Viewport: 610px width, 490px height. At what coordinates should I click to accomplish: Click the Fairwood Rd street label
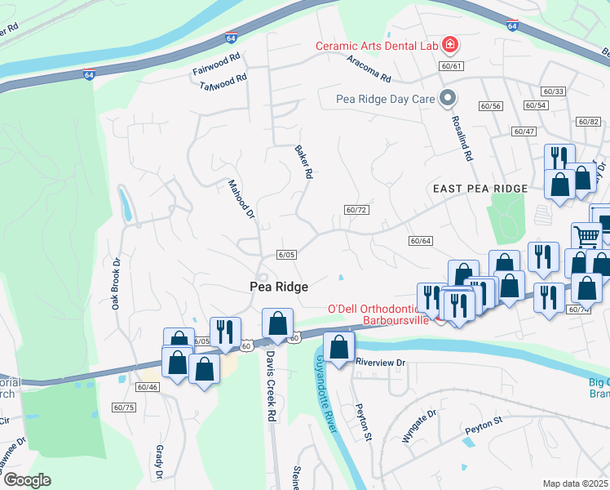point(217,65)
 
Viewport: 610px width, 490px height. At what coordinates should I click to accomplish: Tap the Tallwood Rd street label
point(223,82)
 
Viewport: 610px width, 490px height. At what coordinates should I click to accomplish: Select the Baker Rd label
point(303,162)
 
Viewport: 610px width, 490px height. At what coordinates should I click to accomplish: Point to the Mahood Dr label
point(241,200)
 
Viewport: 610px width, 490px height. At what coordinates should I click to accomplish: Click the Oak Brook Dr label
point(116,283)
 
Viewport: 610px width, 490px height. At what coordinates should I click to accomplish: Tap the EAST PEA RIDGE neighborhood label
point(480,188)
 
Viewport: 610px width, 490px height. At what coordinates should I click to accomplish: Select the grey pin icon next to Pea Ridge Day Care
point(447,99)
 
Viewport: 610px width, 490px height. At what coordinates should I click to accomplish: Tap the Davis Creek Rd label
point(270,380)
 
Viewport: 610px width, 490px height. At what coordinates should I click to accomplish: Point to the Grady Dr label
point(160,462)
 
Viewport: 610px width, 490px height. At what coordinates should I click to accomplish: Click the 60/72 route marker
point(357,210)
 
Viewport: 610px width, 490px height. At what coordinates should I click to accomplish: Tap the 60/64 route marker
point(420,240)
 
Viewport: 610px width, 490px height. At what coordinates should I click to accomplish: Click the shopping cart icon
point(586,237)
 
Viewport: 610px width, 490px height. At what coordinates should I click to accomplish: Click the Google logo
point(27,480)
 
